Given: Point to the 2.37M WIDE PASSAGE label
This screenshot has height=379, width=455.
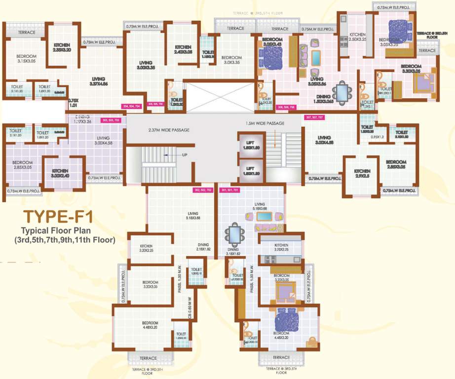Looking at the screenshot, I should click(169, 130).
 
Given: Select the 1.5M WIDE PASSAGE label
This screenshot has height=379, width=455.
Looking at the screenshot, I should click(265, 123).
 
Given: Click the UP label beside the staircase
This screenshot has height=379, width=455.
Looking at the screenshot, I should click(184, 154).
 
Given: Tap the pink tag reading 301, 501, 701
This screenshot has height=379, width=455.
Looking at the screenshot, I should click(230, 189).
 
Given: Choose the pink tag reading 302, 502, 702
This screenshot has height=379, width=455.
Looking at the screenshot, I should click(202, 189).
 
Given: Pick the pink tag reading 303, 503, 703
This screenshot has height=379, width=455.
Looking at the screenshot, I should click(110, 120).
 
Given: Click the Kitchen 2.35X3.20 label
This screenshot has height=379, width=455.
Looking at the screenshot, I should click(62, 47).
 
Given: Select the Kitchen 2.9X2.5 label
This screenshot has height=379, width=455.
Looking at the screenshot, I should click(362, 174).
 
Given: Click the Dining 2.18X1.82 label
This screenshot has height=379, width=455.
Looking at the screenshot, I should click(203, 247).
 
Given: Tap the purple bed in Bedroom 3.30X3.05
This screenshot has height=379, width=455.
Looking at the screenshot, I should click(422, 84).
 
